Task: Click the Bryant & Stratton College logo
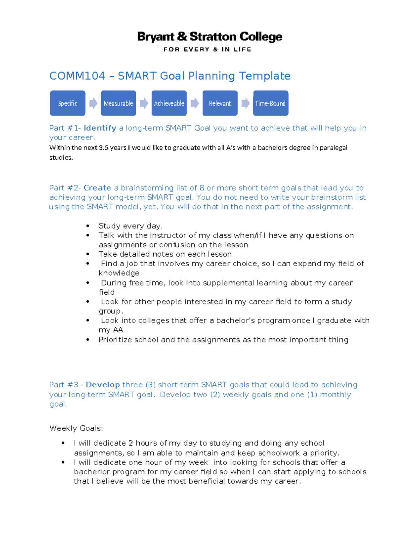[210, 36]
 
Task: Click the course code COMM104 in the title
[77, 76]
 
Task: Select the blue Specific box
[68, 103]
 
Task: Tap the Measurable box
[118, 103]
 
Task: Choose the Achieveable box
[169, 103]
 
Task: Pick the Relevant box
[220, 103]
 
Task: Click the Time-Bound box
[271, 103]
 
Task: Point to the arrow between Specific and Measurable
[93, 103]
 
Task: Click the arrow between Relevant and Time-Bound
[245, 103]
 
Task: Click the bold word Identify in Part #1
[100, 128]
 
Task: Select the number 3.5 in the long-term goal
[104, 148]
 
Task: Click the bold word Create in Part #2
[97, 188]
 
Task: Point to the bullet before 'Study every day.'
[87, 226]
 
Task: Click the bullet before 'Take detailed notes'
[87, 254]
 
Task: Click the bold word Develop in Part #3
[103, 385]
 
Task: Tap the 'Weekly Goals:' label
[76, 428]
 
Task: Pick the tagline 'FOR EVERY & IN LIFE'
[207, 49]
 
